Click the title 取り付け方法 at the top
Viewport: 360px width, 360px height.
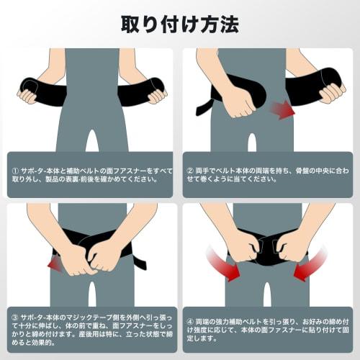pyautogui.click(x=180, y=23)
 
